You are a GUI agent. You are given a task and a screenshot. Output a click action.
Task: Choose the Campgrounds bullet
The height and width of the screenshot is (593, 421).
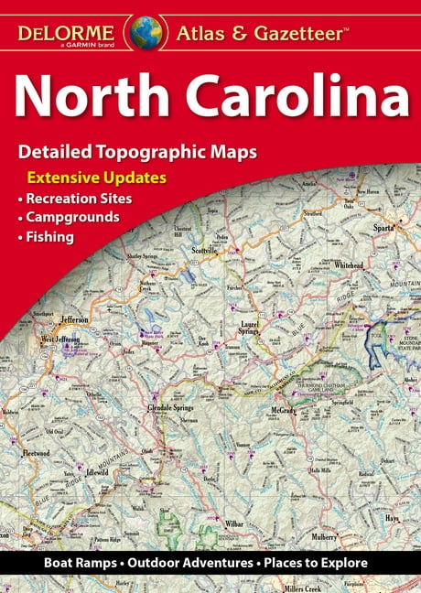pyautogui.click(x=71, y=218)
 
